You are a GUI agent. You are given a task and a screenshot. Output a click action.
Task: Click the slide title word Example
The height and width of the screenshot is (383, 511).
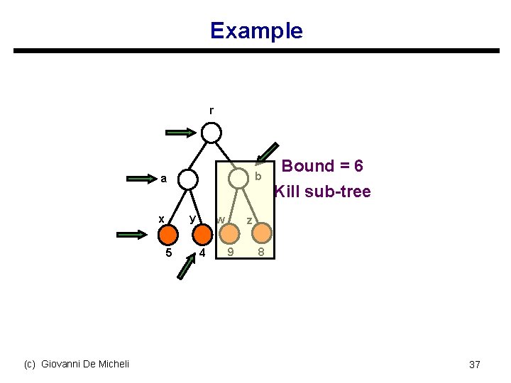[x=256, y=30]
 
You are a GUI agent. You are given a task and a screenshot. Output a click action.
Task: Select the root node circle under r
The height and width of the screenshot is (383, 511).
[x=211, y=133]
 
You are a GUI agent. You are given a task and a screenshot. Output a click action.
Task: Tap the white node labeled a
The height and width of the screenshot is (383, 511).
[x=187, y=179]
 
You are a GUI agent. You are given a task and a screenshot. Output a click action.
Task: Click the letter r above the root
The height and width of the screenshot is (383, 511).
[x=211, y=111]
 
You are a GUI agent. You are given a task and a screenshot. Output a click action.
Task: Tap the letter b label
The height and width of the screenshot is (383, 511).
[x=258, y=176]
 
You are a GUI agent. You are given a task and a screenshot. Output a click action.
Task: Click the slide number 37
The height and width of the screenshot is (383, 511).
[x=475, y=365]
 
